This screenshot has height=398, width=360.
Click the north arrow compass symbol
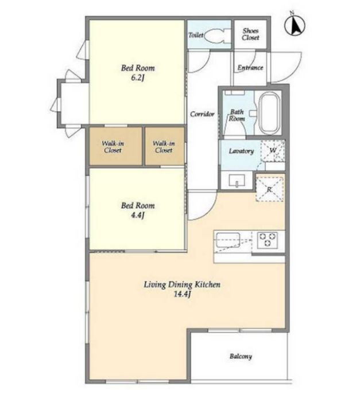click(x=295, y=25)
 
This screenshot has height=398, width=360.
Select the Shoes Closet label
click(x=250, y=34)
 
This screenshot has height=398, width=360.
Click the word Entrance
click(x=250, y=68)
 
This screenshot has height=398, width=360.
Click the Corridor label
click(x=202, y=114)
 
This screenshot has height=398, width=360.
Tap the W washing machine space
click(x=273, y=150)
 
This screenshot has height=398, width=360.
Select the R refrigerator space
click(x=269, y=188)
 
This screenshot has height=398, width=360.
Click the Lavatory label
click(x=241, y=151)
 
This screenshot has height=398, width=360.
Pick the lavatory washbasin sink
click(x=237, y=181)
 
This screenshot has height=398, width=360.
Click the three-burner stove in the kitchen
click(x=268, y=240)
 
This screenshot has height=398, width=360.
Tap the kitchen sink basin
click(x=228, y=240)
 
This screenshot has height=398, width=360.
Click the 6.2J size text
click(x=138, y=77)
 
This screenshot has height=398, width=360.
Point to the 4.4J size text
click(x=138, y=215)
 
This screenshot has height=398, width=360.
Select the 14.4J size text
click(x=182, y=294)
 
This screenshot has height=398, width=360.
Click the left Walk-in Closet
click(x=115, y=146)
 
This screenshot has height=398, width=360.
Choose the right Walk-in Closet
click(x=165, y=146)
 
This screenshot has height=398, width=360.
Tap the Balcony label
click(x=241, y=356)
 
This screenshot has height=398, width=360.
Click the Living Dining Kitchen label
click(x=182, y=284)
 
